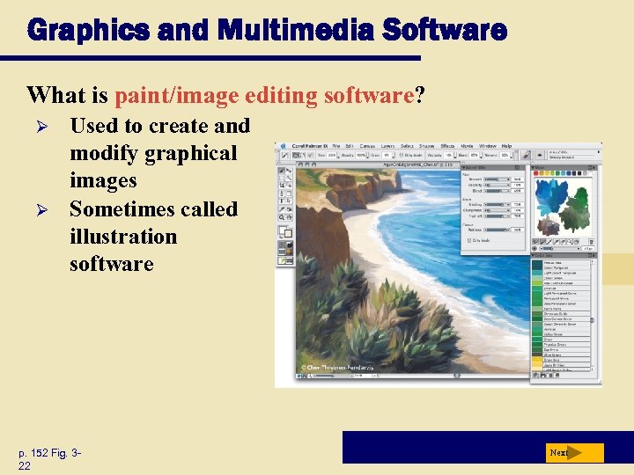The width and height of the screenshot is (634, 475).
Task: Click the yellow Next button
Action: pyautogui.click(x=572, y=453)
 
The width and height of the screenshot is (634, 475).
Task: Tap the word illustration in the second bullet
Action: pyautogui.click(x=123, y=237)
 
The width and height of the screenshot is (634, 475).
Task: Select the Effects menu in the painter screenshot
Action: pyautogui.click(x=447, y=146)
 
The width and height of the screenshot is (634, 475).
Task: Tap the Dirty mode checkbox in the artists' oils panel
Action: pyautogui.click(x=466, y=240)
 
